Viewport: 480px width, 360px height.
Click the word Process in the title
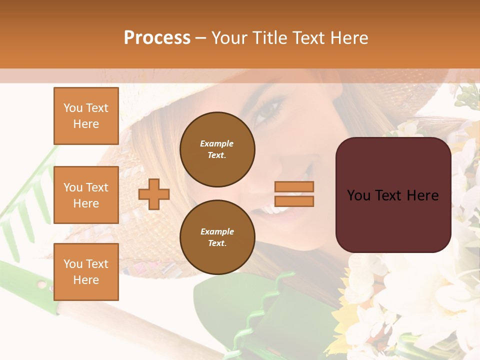pyautogui.click(x=157, y=37)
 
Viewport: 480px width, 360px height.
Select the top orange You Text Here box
pyautogui.click(x=86, y=116)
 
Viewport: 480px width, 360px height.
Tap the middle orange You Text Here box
pyautogui.click(x=86, y=195)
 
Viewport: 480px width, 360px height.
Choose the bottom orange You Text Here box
pyautogui.click(x=86, y=271)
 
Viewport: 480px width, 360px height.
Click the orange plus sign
pyautogui.click(x=154, y=194)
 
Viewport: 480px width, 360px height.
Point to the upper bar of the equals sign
pyautogui.click(x=294, y=187)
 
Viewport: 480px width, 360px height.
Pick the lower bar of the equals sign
pyautogui.click(x=294, y=201)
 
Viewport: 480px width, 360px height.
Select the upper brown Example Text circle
pyautogui.click(x=217, y=149)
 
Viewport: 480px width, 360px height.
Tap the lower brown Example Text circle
pyautogui.click(x=217, y=237)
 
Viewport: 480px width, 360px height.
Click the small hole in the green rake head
pyautogui.click(x=42, y=284)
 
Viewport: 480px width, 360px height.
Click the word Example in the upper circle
pyautogui.click(x=216, y=143)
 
